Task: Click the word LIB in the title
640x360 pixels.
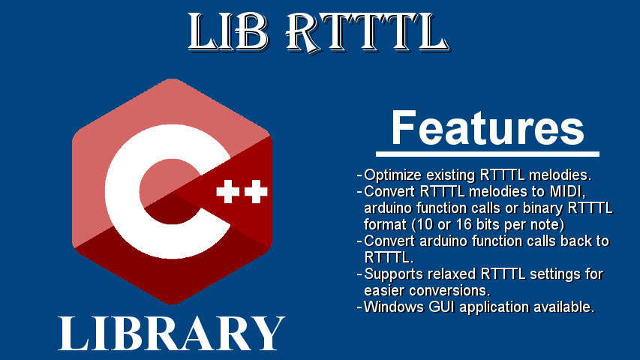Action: pyautogui.click(x=228, y=31)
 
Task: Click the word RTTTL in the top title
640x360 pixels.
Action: pyautogui.click(x=368, y=33)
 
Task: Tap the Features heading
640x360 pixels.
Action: pyautogui.click(x=488, y=127)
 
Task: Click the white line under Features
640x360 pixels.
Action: pyautogui.click(x=488, y=154)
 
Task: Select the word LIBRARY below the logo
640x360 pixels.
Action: pyautogui.click(x=171, y=334)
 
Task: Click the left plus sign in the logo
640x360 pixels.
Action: pyautogui.click(x=228, y=191)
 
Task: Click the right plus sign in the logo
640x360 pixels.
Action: pyautogui.click(x=256, y=191)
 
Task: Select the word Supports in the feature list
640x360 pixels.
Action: pyautogui.click(x=394, y=274)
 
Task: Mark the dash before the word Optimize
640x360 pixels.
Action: pyautogui.click(x=359, y=175)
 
